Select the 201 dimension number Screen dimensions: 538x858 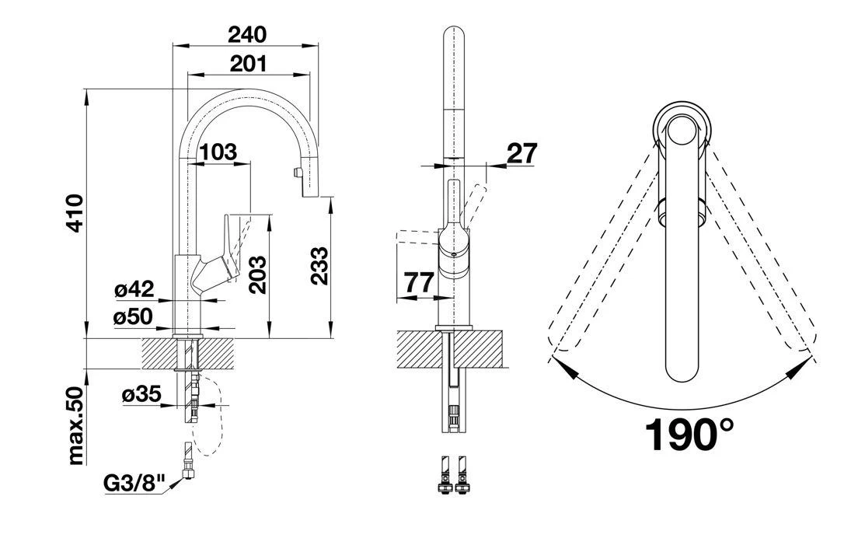click(x=248, y=63)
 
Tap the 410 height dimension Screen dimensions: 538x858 click(x=75, y=215)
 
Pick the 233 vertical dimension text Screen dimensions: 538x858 click(x=319, y=267)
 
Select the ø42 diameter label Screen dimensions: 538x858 click(x=133, y=291)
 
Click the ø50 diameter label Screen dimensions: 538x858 click(x=133, y=316)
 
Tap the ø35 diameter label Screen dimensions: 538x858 click(x=141, y=395)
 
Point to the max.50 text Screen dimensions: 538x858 click(x=75, y=425)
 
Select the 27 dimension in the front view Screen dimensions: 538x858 click(x=521, y=154)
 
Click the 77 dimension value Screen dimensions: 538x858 click(x=420, y=283)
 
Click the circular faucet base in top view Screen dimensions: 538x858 click(x=682, y=128)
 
